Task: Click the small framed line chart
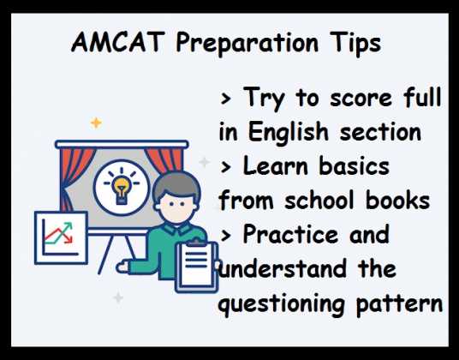tap(60, 238)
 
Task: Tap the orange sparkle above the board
tap(96, 123)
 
